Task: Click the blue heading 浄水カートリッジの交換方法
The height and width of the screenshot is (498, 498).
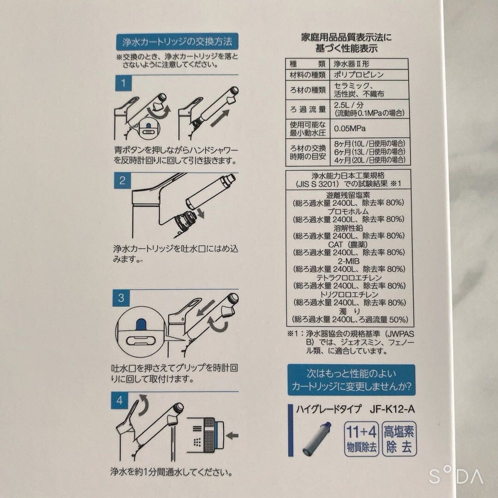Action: (x=177, y=42)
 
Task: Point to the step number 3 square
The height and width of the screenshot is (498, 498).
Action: (x=121, y=297)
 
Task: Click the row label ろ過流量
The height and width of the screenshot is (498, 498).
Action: (x=307, y=109)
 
